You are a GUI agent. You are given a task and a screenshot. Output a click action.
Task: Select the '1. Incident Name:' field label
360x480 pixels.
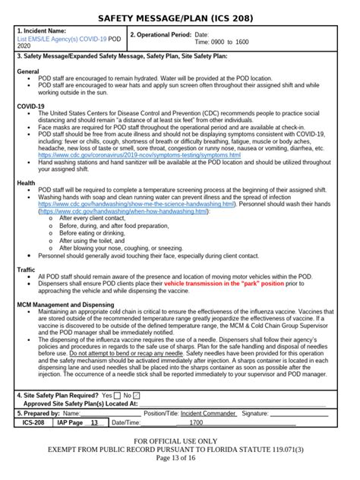45,31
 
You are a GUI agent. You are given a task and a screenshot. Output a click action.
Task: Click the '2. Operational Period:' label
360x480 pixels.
161,35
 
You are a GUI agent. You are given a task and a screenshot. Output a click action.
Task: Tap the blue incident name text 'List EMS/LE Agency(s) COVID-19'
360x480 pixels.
62,38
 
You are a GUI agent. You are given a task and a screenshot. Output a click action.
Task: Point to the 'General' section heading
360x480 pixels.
28,71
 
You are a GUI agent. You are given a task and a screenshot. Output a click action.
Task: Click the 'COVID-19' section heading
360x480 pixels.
30,106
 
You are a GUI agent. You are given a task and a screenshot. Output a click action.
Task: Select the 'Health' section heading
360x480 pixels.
26,183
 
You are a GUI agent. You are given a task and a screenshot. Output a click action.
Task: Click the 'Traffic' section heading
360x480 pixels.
27,269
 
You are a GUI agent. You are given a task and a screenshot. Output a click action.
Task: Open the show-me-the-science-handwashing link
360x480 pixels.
111,204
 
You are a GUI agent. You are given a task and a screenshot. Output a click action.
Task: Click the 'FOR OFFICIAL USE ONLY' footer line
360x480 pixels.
180,441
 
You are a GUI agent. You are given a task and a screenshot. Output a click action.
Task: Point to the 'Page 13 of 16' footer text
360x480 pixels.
180,458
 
